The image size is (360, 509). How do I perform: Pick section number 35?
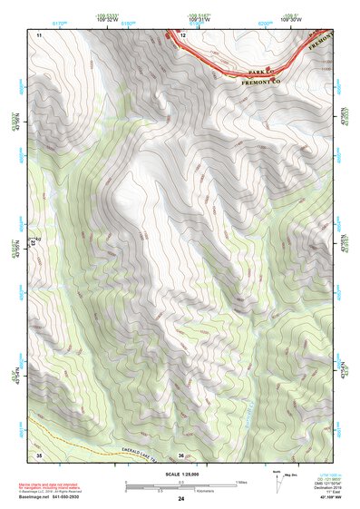tap(39, 455)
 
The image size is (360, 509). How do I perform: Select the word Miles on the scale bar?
tap(241, 482)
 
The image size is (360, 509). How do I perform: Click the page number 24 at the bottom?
tap(181, 499)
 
